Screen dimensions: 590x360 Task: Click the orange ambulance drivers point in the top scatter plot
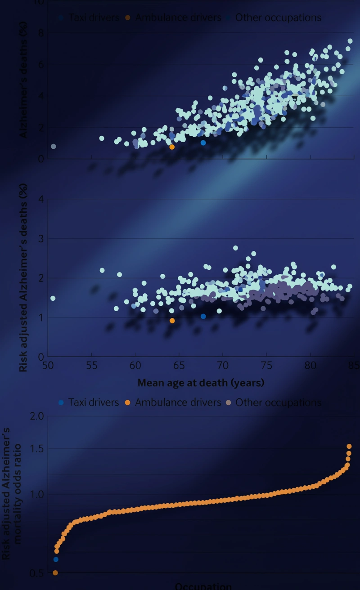point(172,147)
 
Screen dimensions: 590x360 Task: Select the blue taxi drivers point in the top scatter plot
point(203,143)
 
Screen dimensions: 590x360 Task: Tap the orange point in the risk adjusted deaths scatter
point(172,321)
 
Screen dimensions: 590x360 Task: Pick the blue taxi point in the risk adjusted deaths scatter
point(203,317)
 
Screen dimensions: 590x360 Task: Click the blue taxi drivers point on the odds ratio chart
point(56,559)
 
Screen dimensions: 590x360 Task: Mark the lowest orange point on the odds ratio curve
point(55,573)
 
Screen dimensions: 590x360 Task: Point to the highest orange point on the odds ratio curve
point(349,447)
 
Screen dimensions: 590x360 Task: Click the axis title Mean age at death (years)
point(201,383)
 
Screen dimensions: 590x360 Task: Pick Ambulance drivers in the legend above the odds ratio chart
point(178,402)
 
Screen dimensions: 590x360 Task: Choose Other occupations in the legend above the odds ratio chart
point(278,402)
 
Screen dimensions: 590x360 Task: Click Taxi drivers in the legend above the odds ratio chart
point(94,402)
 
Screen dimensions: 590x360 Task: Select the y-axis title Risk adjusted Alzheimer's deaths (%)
point(23,277)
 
